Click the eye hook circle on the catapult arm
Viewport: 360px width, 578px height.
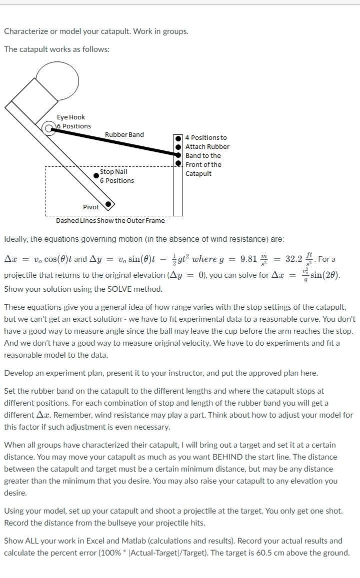[49, 128]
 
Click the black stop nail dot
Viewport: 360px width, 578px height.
[96, 175]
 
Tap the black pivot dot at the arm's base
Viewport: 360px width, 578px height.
[108, 203]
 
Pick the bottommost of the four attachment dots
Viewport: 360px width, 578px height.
[178, 163]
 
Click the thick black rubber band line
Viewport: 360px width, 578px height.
[115, 142]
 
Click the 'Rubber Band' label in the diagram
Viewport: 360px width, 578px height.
[124, 134]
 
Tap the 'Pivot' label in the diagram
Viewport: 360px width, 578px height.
[91, 207]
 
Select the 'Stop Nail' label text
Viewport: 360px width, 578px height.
[113, 171]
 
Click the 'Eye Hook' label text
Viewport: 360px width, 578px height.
[70, 117]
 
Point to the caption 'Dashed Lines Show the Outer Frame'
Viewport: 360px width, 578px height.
[110, 220]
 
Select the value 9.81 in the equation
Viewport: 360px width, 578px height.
[248, 259]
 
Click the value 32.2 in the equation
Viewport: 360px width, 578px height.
[293, 259]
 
